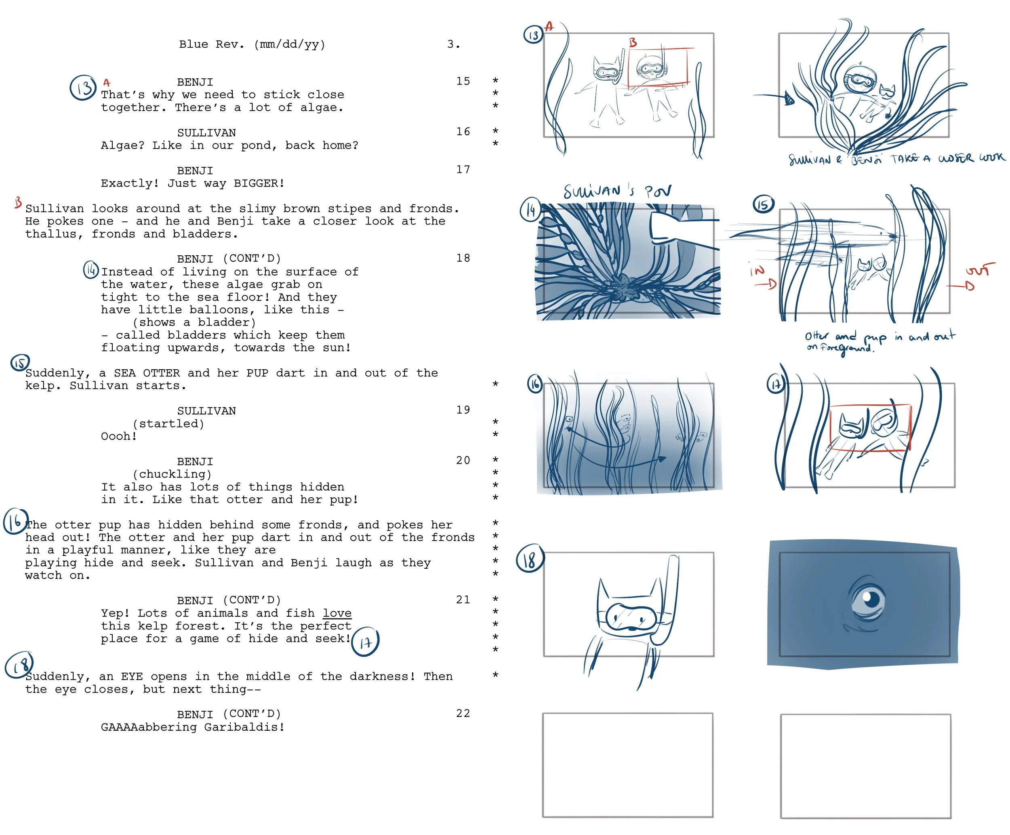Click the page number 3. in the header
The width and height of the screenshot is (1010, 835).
click(x=453, y=44)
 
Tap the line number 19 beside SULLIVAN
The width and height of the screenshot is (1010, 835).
click(x=463, y=410)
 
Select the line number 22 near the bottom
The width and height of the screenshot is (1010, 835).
click(x=463, y=713)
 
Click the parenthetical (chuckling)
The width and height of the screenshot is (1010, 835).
click(x=172, y=474)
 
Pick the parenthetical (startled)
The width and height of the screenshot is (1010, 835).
click(x=168, y=424)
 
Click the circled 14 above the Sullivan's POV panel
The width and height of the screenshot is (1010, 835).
click(x=530, y=211)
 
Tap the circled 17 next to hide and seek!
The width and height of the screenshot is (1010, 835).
click(x=366, y=641)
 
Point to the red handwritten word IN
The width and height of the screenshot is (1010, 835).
click(x=757, y=270)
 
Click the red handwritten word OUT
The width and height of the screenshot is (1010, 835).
click(x=980, y=269)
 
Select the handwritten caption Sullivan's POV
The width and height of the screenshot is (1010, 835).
click(x=617, y=191)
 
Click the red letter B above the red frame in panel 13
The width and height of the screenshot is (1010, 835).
click(x=633, y=43)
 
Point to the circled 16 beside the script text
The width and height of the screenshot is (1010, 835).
click(x=15, y=522)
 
